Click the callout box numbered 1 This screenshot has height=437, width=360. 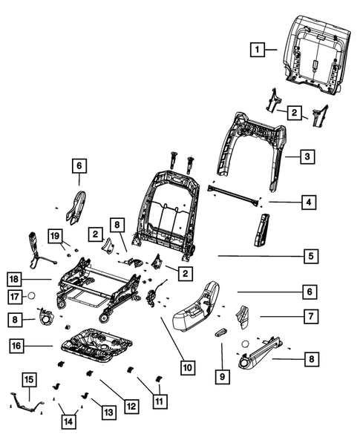256,50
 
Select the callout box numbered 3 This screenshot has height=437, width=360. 306,157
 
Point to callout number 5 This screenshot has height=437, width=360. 312,256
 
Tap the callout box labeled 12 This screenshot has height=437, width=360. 131,406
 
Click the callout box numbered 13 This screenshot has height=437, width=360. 108,412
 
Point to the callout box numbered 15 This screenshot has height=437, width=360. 29,381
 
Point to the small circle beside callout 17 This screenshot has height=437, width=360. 32,297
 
